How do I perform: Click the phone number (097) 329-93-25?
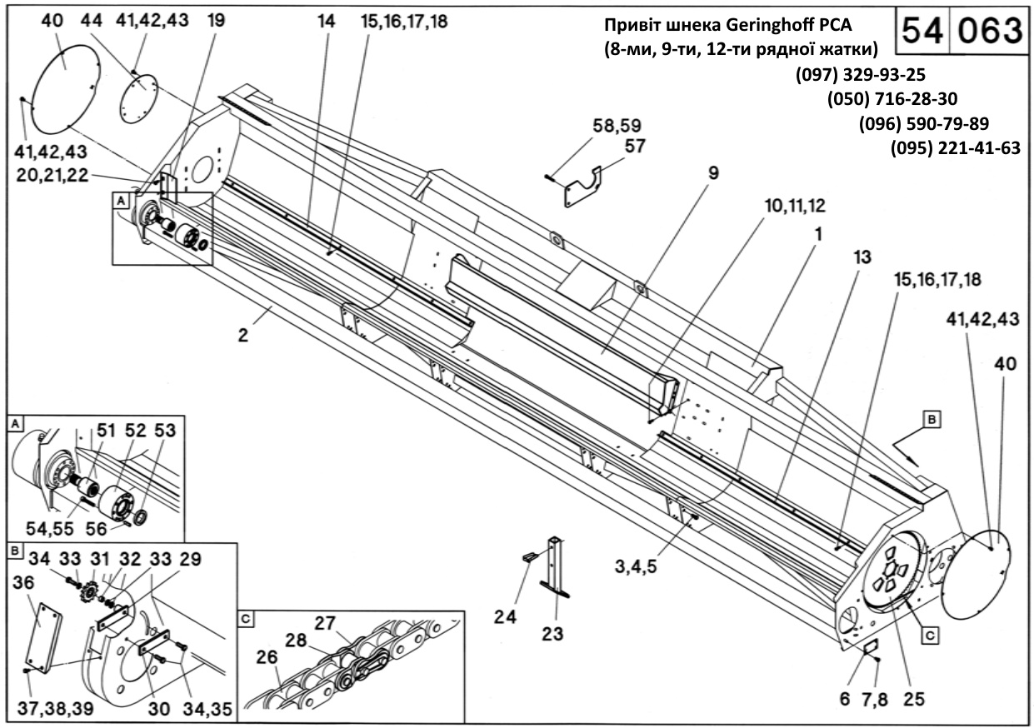coord(861,74)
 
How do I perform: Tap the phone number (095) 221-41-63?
coord(956,149)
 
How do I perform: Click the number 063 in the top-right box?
coord(989,31)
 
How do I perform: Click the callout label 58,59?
coord(617,127)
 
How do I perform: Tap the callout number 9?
coord(713,173)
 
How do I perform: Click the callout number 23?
coord(551,633)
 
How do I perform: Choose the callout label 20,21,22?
coord(52,175)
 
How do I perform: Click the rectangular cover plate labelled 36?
coord(42,637)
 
